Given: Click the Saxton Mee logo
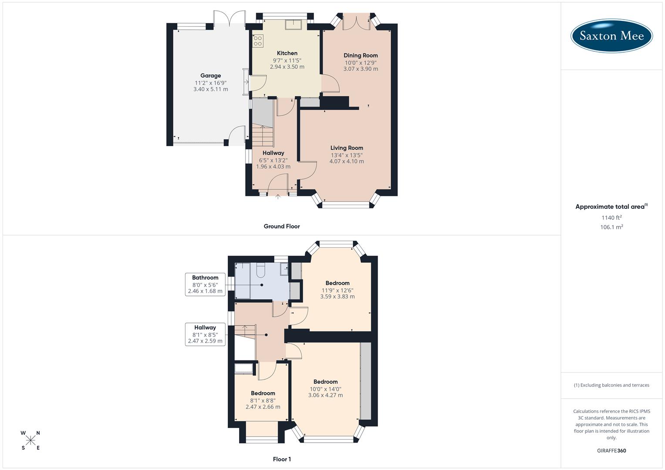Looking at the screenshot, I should tap(611, 36).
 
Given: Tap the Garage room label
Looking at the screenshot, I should tap(210, 76).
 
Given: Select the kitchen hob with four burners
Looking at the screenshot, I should tap(258, 41).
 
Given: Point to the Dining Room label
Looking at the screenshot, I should tap(361, 55).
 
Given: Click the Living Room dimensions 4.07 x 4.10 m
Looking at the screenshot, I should tap(347, 161).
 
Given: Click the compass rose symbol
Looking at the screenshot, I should tap(30, 440).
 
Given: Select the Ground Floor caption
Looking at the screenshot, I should tap(282, 226).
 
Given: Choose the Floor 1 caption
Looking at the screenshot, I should tap(282, 459).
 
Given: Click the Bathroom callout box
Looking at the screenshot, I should tap(205, 284).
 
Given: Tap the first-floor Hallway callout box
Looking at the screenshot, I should tap(205, 334).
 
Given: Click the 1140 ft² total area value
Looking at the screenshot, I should tap(611, 218).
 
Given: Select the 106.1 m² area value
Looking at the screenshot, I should tap(611, 227).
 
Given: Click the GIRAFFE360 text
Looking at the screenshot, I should tap(611, 451).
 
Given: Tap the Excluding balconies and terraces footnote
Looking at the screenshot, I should tap(611, 385).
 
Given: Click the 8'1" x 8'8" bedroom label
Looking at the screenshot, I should tap(263, 400).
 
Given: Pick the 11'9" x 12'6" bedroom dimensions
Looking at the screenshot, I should tap(338, 290).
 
